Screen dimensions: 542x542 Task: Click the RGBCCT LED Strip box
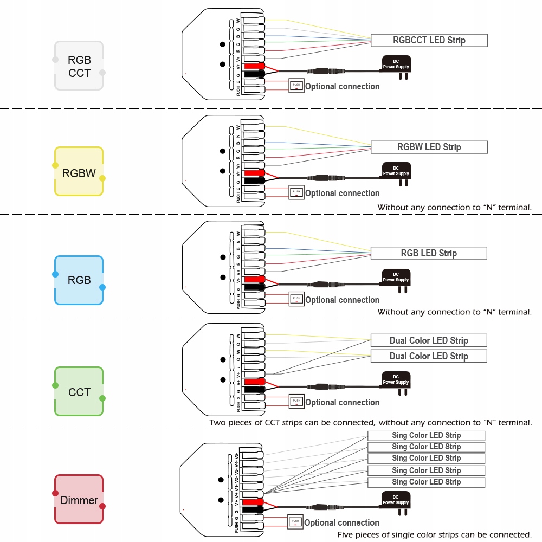point(429,40)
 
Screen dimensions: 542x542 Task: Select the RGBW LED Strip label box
point(429,147)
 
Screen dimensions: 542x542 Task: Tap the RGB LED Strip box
point(429,253)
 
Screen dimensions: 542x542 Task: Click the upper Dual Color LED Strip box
point(429,340)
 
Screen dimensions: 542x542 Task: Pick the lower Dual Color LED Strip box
point(429,356)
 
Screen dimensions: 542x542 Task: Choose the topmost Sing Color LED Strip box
point(426,435)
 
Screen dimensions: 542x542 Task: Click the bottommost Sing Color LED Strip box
point(426,482)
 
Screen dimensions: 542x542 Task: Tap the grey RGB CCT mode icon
point(79,66)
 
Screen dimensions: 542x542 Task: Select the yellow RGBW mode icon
point(79,172)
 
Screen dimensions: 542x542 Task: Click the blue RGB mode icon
point(79,280)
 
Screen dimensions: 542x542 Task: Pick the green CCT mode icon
point(79,391)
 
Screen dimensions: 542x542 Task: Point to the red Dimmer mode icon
point(79,499)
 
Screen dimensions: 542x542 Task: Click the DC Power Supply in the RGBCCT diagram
point(396,65)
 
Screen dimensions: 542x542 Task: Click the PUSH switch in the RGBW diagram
point(296,192)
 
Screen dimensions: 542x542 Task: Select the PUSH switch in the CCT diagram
point(296,401)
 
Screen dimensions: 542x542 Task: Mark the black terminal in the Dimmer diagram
point(253,510)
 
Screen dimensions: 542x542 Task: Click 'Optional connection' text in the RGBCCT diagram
point(342,87)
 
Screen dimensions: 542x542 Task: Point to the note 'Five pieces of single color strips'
point(434,535)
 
